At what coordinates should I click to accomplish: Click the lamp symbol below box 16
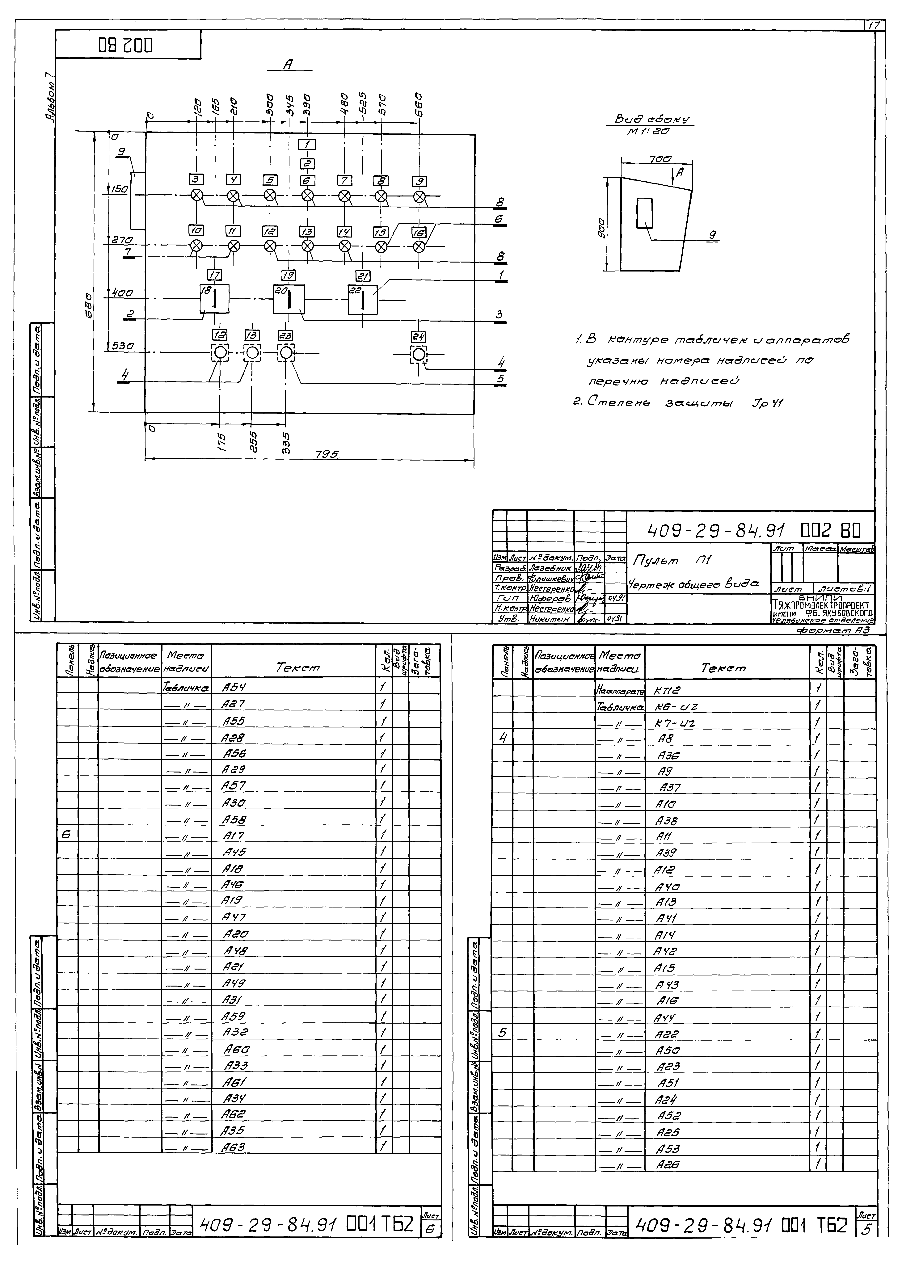tap(419, 246)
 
